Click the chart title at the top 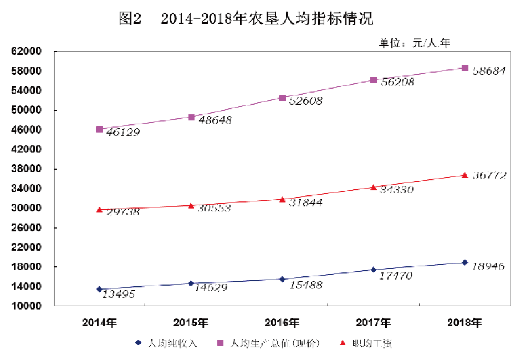coord(246,19)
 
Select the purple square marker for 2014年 coord(99,129)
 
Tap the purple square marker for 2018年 coord(465,68)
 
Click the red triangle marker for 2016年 coord(282,199)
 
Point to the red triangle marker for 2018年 coord(465,175)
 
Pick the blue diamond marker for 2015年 coord(191,283)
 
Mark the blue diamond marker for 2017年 coord(374,270)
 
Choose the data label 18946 coord(488,267)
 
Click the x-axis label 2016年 coord(282,322)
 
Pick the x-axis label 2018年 coord(465,322)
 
